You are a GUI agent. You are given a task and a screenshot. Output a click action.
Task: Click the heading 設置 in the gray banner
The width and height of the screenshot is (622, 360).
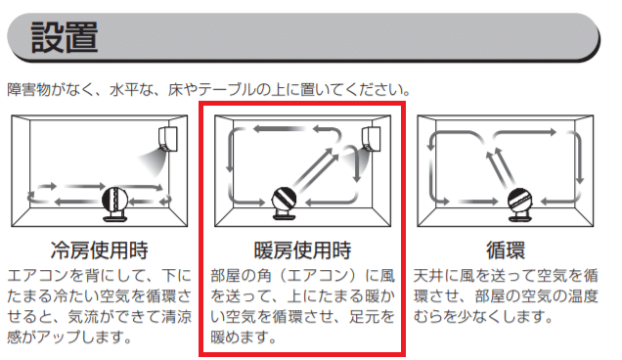[x=64, y=37]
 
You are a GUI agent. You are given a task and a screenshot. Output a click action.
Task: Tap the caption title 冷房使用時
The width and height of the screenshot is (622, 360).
[x=99, y=250]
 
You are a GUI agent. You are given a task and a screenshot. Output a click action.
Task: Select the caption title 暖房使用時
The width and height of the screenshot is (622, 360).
[x=302, y=250]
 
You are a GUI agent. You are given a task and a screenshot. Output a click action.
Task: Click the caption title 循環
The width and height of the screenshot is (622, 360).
[x=506, y=250]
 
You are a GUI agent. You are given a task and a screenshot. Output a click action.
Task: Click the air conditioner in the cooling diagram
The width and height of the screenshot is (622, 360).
[x=168, y=139]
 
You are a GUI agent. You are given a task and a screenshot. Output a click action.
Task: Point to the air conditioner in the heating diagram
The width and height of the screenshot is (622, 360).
[x=371, y=139]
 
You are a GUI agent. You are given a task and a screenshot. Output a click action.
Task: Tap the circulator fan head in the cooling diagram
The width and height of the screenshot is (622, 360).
[x=114, y=200]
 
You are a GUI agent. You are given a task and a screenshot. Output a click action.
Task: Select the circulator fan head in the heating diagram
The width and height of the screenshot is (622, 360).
[x=284, y=200]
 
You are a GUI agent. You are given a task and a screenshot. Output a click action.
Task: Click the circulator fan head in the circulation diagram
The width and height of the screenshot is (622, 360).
[x=520, y=201]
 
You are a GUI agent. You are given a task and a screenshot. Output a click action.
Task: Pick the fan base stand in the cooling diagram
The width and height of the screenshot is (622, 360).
[x=114, y=217]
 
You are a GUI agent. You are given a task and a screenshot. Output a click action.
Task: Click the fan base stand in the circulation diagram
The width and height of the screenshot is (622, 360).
[x=520, y=217]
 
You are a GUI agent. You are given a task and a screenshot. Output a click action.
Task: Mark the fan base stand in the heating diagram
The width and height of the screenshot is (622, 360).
[x=285, y=216]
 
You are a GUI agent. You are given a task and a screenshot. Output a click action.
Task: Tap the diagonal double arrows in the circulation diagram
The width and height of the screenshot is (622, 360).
[x=501, y=167]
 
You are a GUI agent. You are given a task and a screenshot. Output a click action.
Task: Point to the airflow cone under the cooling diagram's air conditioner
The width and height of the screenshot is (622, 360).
[x=153, y=162]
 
